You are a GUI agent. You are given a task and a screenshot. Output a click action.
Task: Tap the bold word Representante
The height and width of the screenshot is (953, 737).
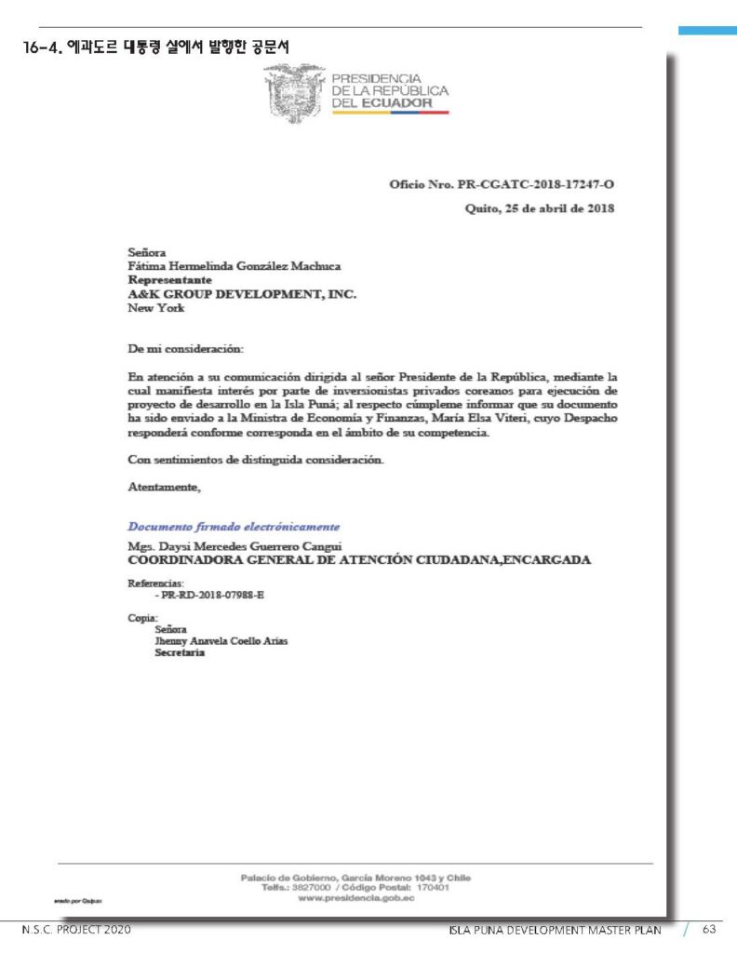pos(169,279)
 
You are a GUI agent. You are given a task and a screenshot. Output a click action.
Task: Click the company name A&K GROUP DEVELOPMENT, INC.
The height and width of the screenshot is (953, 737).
pos(242,293)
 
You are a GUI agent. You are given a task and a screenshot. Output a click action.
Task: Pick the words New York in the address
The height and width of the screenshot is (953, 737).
pos(155,307)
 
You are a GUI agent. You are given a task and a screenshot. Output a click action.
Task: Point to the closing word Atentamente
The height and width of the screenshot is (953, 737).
pos(164,486)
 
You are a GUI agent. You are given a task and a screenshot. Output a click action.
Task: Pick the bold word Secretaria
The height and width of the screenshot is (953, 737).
pos(180,652)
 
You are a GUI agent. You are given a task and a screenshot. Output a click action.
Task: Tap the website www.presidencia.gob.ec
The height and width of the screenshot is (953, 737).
pos(355,897)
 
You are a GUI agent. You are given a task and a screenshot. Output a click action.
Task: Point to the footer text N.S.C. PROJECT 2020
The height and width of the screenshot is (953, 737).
pos(76,930)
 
